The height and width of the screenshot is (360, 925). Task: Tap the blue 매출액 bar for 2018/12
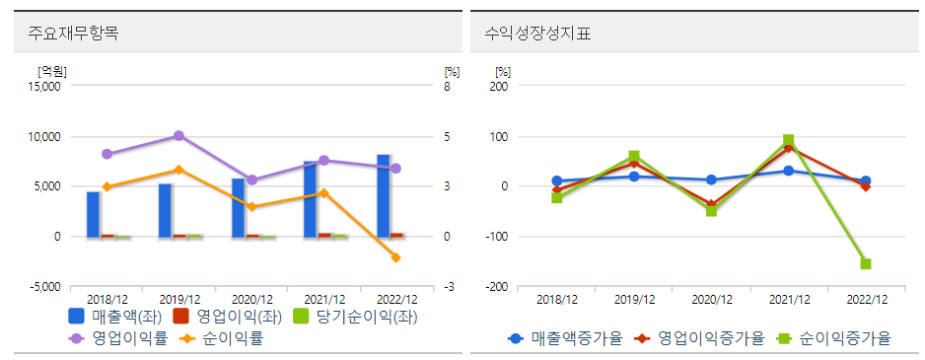pyautogui.click(x=93, y=214)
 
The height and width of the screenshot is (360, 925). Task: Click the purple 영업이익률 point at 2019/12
pyautogui.click(x=178, y=135)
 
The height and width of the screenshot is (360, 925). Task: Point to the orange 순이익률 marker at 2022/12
pyautogui.click(x=396, y=257)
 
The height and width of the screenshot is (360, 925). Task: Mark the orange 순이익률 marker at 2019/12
pyautogui.click(x=178, y=170)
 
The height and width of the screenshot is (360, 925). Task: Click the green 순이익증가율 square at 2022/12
pyautogui.click(x=866, y=263)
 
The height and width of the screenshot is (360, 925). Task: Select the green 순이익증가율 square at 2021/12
pyautogui.click(x=789, y=141)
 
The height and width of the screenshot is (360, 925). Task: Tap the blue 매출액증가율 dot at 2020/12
pyautogui.click(x=712, y=180)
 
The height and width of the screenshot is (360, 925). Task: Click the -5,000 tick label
pyautogui.click(x=42, y=287)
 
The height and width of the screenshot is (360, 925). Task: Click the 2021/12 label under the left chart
pyautogui.click(x=324, y=299)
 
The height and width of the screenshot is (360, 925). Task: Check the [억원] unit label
pyautogui.click(x=51, y=71)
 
